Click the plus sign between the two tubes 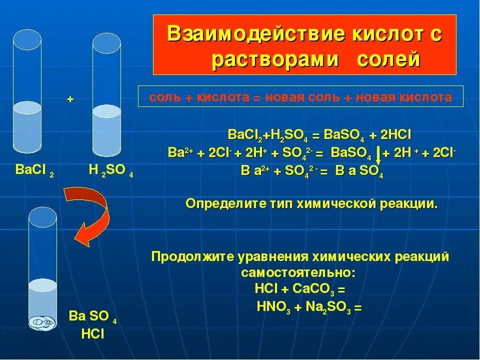70,99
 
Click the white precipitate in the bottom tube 43,323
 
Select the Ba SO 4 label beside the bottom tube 93,317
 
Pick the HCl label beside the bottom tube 92,334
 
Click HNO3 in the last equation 270,306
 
